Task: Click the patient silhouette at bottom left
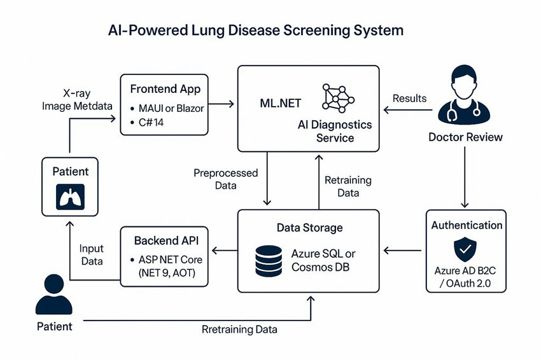[53, 295]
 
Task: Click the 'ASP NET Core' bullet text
[171, 260]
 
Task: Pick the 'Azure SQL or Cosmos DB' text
[323, 261]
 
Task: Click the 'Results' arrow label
[409, 98]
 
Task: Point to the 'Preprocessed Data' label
[225, 179]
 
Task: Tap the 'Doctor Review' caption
[465, 137]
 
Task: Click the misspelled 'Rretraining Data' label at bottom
[239, 330]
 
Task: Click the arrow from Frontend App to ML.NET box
[222, 103]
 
